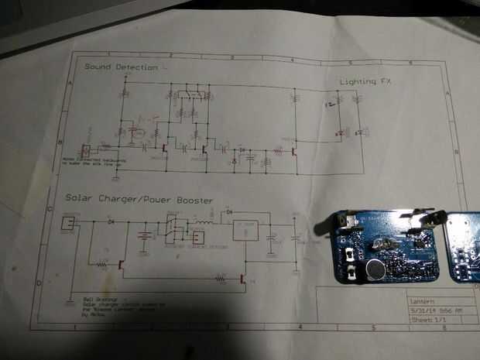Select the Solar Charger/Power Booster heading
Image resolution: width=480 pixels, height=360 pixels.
point(139,201)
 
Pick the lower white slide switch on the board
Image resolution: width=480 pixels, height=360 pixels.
point(355,272)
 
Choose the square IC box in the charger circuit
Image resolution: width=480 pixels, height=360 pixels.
point(247,231)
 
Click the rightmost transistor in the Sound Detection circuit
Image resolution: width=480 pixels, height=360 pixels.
point(293,152)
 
